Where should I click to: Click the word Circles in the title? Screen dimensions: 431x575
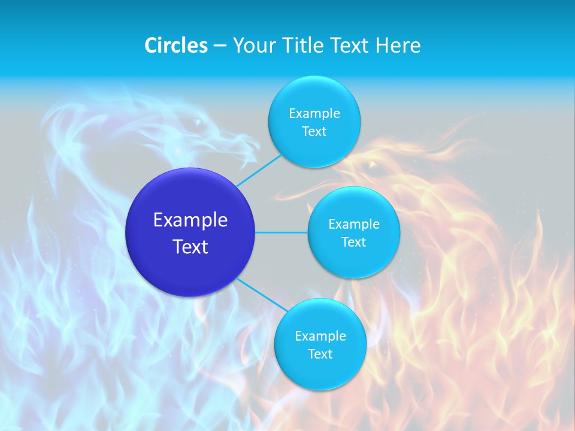pos(176,45)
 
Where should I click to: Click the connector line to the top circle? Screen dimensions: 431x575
pos(259,171)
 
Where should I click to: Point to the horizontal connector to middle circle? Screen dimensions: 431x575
pos(282,232)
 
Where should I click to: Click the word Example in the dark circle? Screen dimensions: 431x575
pos(190,220)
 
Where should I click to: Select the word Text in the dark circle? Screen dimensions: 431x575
pos(190,247)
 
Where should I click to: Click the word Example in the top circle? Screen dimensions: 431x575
pos(314,114)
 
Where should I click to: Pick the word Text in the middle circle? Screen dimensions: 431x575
pos(353,242)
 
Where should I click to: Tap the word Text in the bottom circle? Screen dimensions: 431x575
pos(320,354)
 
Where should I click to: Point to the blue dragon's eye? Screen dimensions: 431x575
pos(196,122)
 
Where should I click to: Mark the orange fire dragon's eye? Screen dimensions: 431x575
pos(373,164)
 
